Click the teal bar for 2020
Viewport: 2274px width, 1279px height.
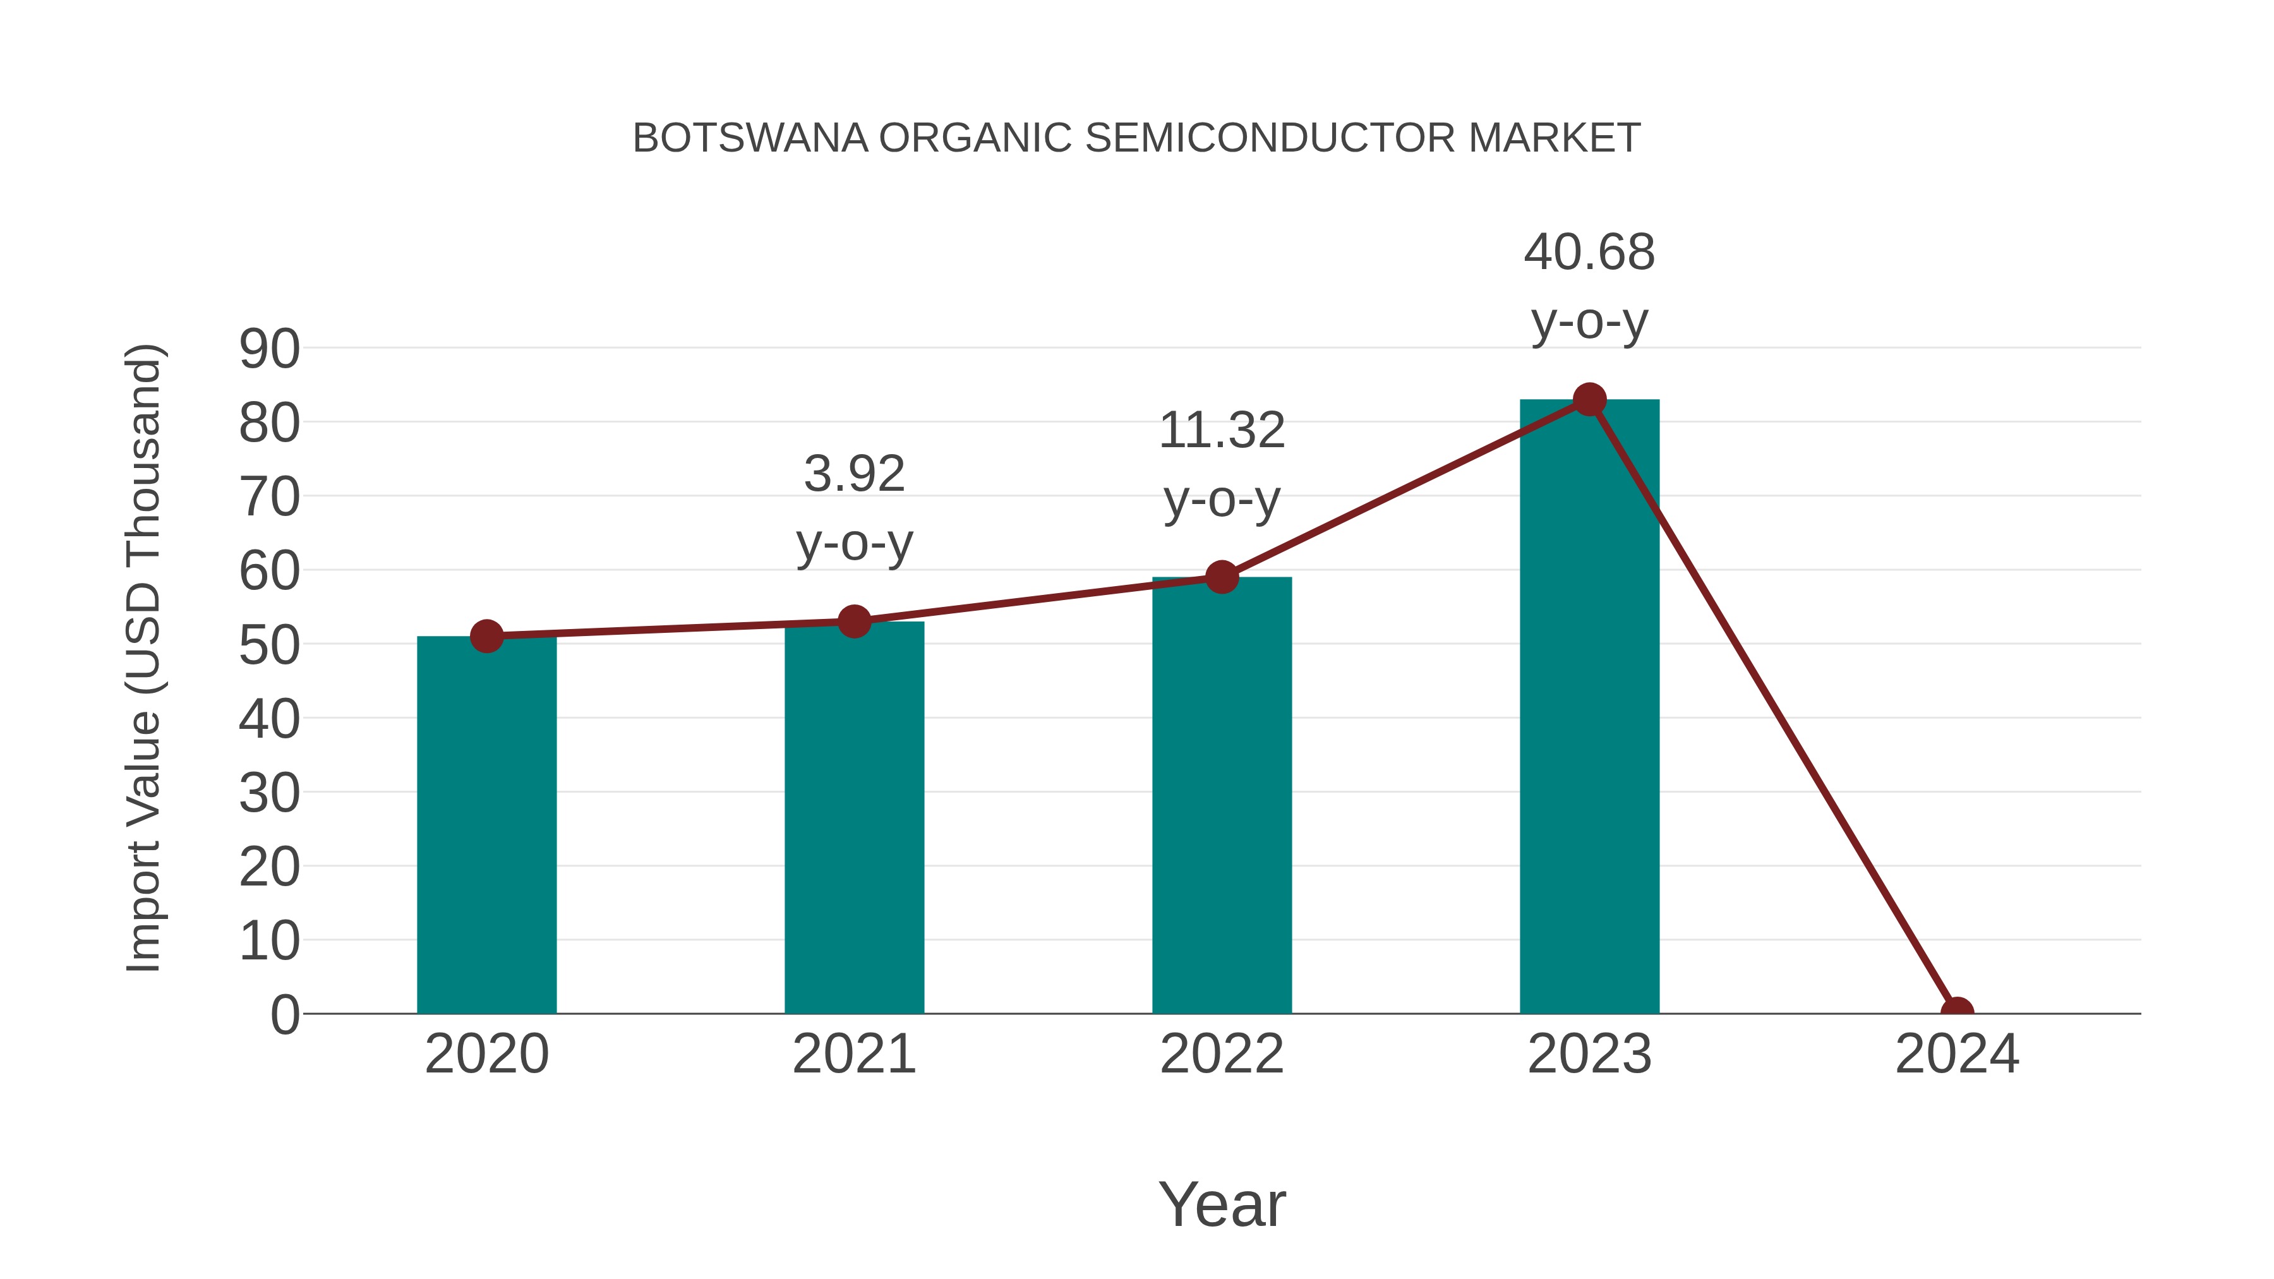click(486, 826)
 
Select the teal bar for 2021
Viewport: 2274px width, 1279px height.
click(853, 818)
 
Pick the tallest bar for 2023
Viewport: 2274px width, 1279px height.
click(1589, 706)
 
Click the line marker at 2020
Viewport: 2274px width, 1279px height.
click(486, 635)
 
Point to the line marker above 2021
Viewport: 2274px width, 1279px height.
click(853, 621)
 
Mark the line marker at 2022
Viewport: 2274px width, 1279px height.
click(1222, 577)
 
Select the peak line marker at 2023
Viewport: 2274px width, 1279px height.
click(1589, 400)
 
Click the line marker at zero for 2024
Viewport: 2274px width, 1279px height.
click(1957, 1012)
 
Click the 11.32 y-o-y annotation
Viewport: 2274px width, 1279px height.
click(1222, 464)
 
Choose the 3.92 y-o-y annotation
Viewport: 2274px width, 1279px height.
click(853, 508)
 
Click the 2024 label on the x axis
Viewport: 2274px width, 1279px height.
click(1957, 1054)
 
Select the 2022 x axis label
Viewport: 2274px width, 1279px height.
click(1222, 1054)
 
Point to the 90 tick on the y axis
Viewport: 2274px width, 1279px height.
click(269, 349)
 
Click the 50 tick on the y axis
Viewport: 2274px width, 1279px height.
click(269, 646)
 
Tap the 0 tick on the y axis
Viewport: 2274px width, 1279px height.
click(284, 1015)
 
